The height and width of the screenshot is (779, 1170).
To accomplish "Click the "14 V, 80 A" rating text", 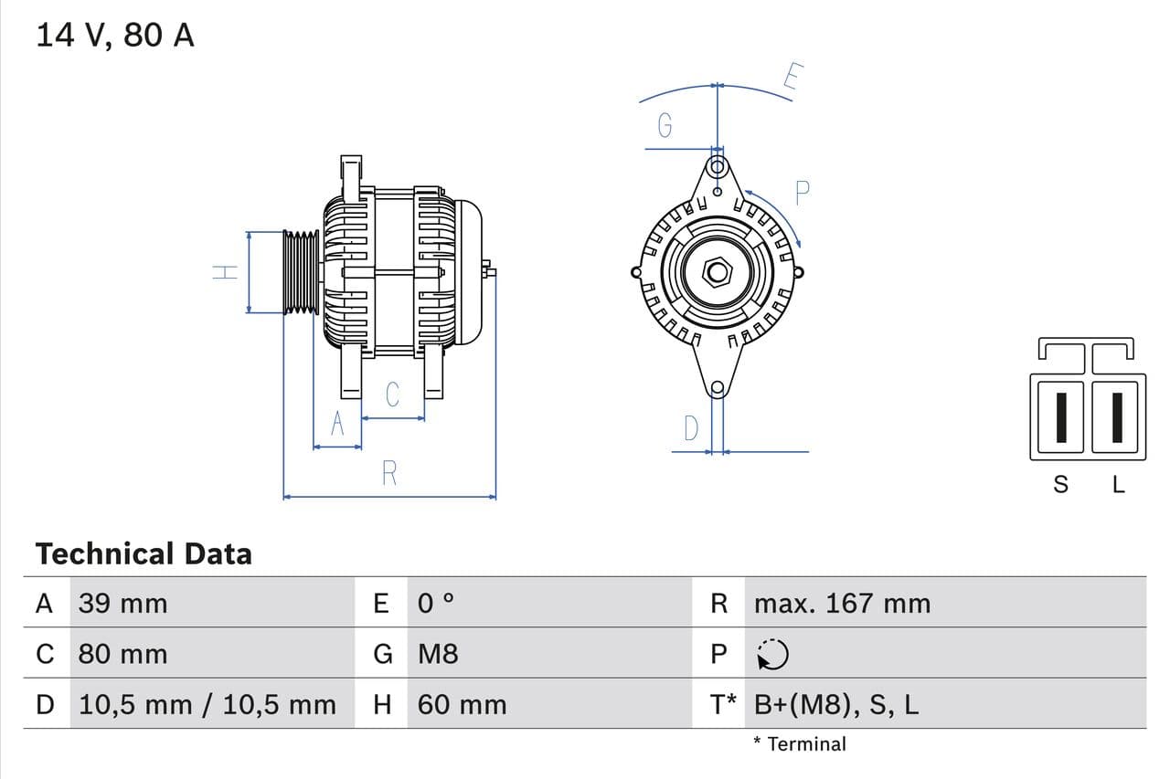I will click(115, 36).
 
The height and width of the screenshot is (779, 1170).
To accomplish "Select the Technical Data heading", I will click(144, 553).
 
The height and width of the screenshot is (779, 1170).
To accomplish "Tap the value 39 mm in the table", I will click(123, 604).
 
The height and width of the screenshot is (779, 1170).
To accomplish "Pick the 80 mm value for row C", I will click(123, 654).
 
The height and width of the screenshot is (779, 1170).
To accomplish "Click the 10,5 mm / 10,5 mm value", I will click(207, 705).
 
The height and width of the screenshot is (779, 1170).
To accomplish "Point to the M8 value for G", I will click(438, 654).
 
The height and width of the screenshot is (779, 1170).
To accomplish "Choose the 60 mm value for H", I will click(462, 705).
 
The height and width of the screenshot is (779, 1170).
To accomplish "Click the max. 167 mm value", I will click(842, 604).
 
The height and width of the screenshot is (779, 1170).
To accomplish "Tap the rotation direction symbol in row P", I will click(773, 654).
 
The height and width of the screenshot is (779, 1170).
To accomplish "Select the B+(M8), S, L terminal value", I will click(836, 705).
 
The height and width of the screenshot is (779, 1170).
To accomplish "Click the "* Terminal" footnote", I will click(800, 744).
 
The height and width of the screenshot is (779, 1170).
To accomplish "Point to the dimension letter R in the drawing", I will click(389, 473).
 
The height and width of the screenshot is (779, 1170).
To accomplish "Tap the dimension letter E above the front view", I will click(792, 79).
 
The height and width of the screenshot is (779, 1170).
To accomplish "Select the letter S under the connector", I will click(1060, 485).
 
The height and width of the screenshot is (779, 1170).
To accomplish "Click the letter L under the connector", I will click(1118, 485).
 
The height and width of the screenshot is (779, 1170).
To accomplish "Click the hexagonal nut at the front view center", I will click(718, 272).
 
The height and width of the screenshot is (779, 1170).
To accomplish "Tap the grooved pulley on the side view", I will click(301, 272).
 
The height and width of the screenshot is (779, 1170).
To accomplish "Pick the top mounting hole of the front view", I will click(718, 167).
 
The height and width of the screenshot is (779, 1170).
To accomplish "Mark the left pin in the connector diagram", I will click(1060, 416).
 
